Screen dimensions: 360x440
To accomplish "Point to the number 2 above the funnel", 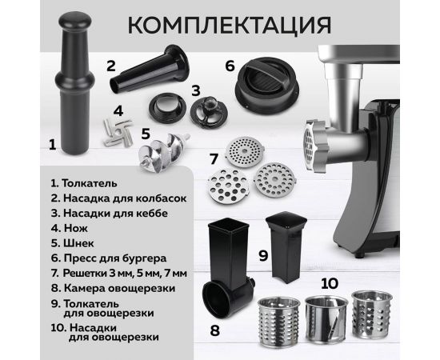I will [x=112, y=65].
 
